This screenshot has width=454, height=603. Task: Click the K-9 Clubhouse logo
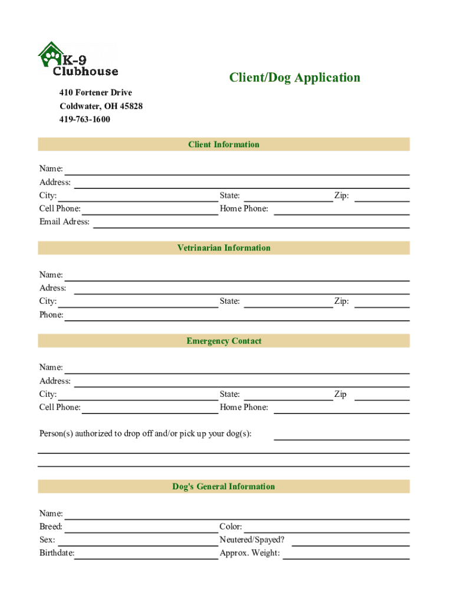pos(78,59)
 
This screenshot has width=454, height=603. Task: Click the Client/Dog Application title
pos(294,78)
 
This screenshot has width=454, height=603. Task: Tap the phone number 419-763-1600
pos(85,120)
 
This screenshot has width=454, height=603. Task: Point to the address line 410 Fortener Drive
pos(96,92)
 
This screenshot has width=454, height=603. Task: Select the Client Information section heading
pos(223,144)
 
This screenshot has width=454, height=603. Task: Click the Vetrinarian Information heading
pos(223,248)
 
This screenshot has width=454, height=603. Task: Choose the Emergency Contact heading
pos(223,341)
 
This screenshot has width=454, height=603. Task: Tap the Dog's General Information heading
pos(223,486)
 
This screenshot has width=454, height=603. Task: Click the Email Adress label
pos(64,222)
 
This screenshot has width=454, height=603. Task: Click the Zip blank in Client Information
pos(381,197)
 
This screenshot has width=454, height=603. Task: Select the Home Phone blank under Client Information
pos(341,210)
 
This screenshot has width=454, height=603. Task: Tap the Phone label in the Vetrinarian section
pos(51,315)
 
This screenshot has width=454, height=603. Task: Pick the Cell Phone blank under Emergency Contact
pos(150,409)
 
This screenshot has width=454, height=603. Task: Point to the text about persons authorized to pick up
pos(145,434)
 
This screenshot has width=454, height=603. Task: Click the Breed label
pos(51,527)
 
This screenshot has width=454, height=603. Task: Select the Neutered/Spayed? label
pos(252,540)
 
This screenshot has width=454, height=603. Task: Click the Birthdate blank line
pos(146,555)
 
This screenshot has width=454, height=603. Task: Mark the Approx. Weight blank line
pos(346,555)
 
